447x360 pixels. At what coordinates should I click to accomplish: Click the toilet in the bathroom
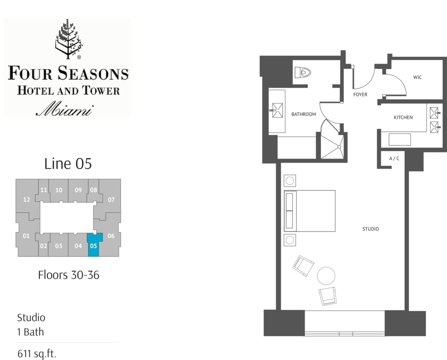(x=303, y=72)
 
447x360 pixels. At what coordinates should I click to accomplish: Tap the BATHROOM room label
(x=304, y=114)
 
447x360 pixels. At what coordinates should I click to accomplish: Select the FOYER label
(x=360, y=94)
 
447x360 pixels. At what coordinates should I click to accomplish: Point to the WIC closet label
(x=417, y=77)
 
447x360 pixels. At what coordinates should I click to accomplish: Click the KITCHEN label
(x=403, y=118)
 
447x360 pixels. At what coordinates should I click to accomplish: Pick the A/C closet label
(x=394, y=158)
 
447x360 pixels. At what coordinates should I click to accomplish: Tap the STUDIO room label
(x=370, y=229)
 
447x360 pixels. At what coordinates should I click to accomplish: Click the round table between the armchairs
(x=326, y=276)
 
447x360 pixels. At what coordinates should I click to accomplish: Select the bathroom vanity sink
(x=277, y=110)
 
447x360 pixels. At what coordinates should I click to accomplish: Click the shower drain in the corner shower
(x=339, y=147)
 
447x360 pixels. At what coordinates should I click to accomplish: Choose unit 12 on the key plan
(x=26, y=199)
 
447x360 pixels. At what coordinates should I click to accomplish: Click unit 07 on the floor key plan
(x=111, y=199)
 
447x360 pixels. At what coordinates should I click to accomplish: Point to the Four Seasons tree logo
(x=69, y=39)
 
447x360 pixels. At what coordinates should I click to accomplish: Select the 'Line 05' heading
(x=68, y=163)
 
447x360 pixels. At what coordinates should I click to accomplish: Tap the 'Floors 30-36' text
(x=69, y=275)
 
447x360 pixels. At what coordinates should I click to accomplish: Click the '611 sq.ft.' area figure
(x=37, y=354)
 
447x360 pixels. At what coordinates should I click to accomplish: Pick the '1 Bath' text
(x=31, y=332)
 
